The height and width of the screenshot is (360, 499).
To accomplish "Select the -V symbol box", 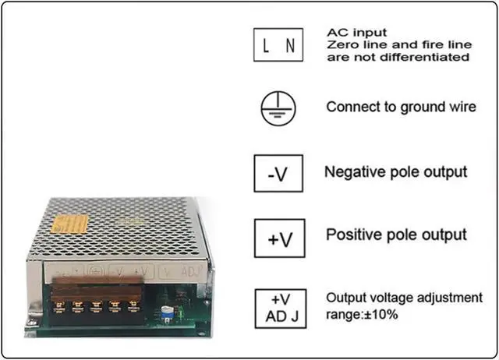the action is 277,173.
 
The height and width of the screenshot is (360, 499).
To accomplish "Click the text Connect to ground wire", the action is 401,108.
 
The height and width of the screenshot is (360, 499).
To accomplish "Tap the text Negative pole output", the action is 395,171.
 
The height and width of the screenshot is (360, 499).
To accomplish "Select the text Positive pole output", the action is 396,235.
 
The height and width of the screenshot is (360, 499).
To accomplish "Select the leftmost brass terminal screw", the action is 58,305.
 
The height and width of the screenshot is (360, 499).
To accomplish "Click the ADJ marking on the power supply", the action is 189,272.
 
